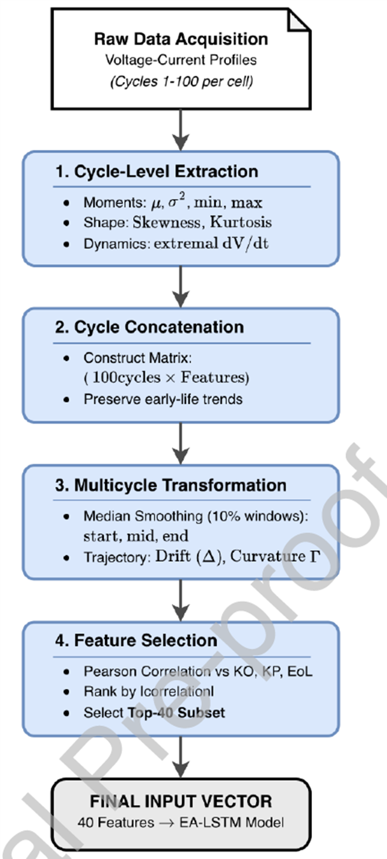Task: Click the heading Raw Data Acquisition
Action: tap(181, 39)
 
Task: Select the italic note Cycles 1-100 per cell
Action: tap(181, 81)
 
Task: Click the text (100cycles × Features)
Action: tap(167, 378)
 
